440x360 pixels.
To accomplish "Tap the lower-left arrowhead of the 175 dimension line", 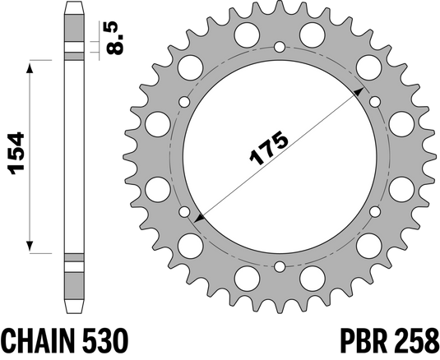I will click(x=200, y=219).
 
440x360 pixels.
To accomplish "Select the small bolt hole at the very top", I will click(x=279, y=46).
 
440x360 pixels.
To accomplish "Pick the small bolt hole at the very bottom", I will click(x=280, y=265).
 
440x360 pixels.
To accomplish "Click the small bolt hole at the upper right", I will click(x=375, y=102).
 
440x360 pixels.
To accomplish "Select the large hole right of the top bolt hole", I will click(x=312, y=35).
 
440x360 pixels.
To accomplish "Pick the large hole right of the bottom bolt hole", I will click(x=313, y=276).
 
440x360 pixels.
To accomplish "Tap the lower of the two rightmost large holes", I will click(x=401, y=188).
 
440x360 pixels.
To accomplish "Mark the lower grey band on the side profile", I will click(x=75, y=266).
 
